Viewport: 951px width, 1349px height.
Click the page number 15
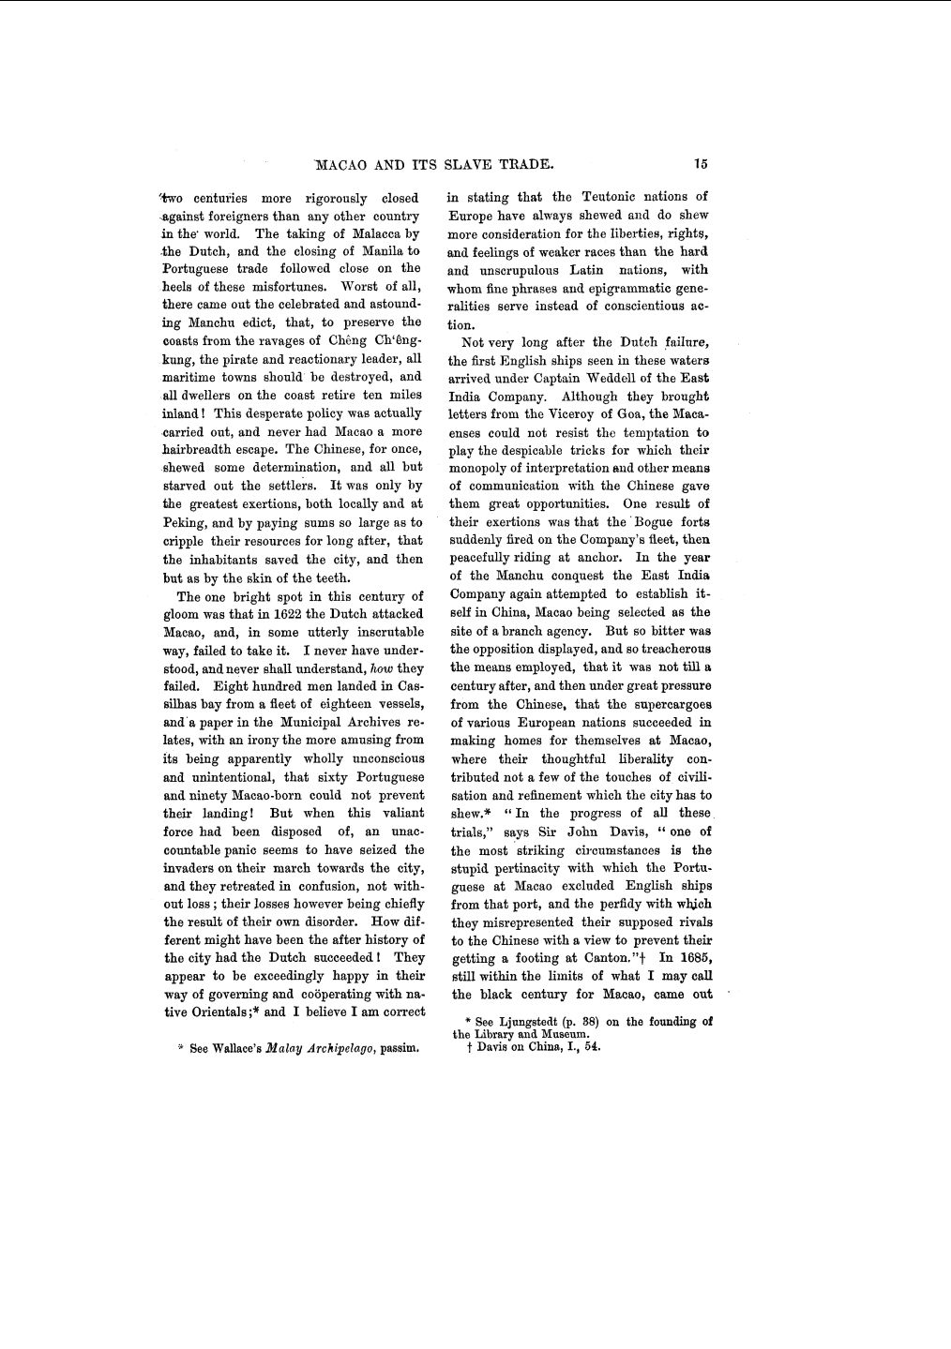tap(702, 164)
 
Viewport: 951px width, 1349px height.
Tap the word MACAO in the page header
tap(342, 165)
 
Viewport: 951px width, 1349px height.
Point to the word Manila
tap(378, 251)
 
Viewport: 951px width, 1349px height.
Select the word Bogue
tap(655, 522)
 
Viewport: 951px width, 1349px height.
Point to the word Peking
tap(184, 523)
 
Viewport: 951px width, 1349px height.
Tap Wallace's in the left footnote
tap(236, 1048)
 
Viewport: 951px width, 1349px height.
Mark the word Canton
tap(609, 958)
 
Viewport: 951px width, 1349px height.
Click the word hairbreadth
tap(200, 449)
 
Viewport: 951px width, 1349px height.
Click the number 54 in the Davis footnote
tap(592, 1047)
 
